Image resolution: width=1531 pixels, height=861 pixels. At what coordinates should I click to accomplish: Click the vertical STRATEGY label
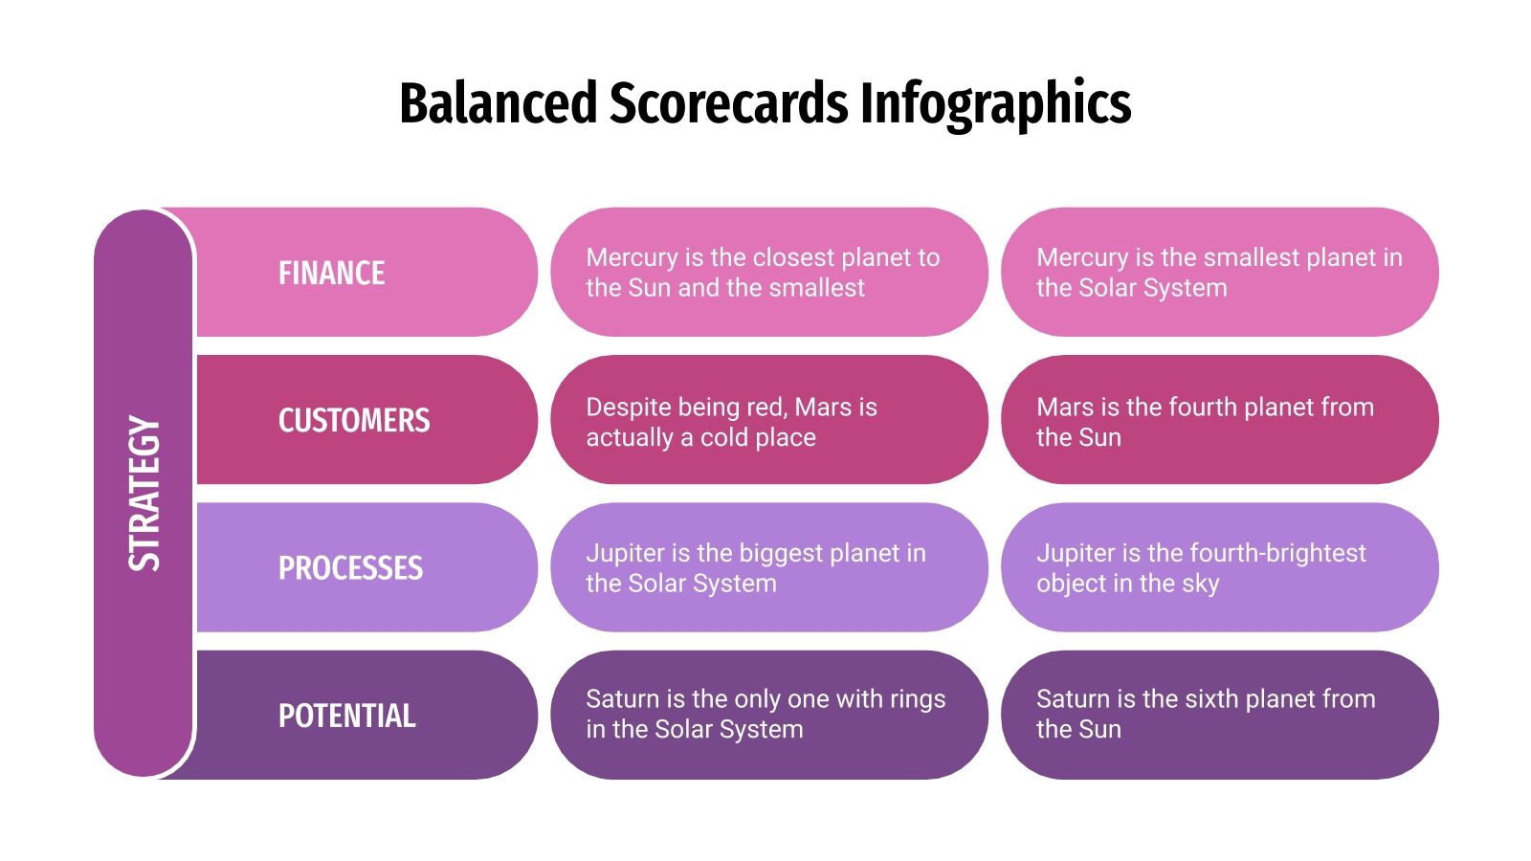click(144, 494)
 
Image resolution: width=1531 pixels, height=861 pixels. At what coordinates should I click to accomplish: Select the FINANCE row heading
click(331, 274)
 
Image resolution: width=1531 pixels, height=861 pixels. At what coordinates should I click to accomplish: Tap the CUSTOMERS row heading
click(354, 421)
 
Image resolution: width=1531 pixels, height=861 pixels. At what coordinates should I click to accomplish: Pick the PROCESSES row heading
click(350, 568)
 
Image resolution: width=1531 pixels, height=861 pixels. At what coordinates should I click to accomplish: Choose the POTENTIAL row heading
click(346, 716)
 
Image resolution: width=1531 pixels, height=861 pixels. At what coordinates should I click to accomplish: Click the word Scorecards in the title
click(728, 103)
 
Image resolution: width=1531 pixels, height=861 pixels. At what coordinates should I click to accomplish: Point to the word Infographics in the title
click(995, 103)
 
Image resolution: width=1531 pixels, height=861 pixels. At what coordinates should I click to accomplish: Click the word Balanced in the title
click(498, 103)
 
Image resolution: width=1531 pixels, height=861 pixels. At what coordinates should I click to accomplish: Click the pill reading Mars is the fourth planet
click(1219, 421)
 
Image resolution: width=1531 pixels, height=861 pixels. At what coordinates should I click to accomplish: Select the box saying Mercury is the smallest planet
click(1219, 273)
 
